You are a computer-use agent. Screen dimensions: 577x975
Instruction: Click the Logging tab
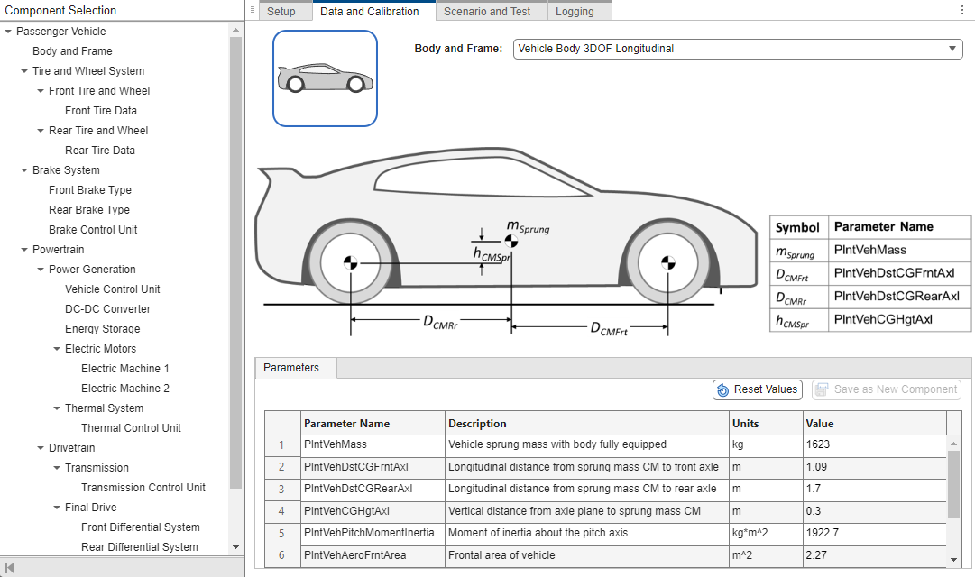coord(575,12)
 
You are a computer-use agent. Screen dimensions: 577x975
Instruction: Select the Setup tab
coord(281,12)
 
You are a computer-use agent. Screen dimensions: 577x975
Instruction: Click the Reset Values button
coord(757,389)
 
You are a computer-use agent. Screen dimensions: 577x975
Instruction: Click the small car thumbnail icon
coord(325,78)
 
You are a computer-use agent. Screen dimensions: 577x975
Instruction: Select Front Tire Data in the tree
coord(101,111)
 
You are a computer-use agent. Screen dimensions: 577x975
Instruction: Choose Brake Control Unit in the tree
coord(93,230)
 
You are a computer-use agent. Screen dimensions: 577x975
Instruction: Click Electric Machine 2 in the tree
coord(125,389)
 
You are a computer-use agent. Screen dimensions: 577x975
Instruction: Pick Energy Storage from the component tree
coord(103,329)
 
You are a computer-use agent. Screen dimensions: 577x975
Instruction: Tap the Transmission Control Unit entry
coord(143,488)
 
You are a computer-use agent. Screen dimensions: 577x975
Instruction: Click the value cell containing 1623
coord(873,444)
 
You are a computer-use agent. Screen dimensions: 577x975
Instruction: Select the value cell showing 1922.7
coord(873,533)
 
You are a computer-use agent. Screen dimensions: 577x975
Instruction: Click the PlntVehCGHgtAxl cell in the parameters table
coord(373,511)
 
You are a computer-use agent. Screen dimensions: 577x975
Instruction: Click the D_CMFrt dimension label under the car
coord(609,330)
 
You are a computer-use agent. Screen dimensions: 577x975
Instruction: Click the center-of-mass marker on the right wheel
coord(667,263)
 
